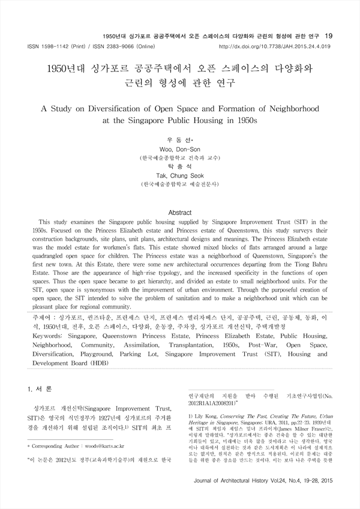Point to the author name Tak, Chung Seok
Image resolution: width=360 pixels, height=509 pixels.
tap(179, 175)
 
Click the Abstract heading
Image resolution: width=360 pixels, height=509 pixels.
tap(179, 213)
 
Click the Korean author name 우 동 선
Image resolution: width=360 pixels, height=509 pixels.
tap(179, 139)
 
